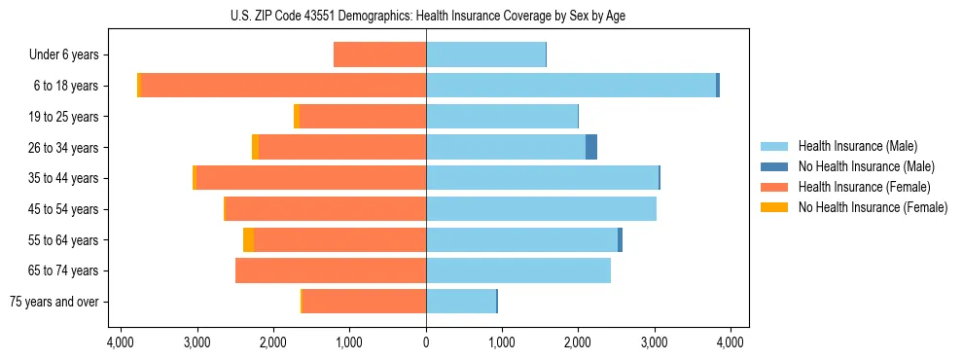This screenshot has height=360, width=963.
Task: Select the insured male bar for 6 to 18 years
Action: pos(571,86)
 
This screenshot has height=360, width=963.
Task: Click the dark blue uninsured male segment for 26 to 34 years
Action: pos(591,147)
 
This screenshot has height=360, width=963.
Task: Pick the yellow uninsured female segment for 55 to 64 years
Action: pos(249,239)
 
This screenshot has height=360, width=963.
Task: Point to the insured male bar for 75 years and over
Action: pos(461,302)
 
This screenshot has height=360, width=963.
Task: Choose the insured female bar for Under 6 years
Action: pos(379,54)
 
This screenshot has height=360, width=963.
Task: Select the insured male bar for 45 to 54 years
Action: pos(541,209)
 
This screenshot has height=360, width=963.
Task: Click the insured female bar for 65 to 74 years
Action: pos(331,270)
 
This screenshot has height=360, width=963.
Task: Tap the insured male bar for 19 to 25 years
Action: pos(502,117)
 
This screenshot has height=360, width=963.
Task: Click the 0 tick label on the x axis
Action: pos(426,342)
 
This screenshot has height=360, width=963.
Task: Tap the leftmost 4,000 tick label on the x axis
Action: pos(121,342)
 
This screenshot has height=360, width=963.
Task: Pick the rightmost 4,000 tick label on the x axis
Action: pos(731,342)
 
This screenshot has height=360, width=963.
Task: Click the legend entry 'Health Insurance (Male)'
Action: pos(857,146)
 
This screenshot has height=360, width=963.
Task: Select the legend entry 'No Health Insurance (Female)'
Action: pos(873,207)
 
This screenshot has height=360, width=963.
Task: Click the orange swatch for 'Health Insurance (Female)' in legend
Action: pos(774,187)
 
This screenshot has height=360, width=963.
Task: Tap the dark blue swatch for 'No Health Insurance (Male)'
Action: pos(774,166)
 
